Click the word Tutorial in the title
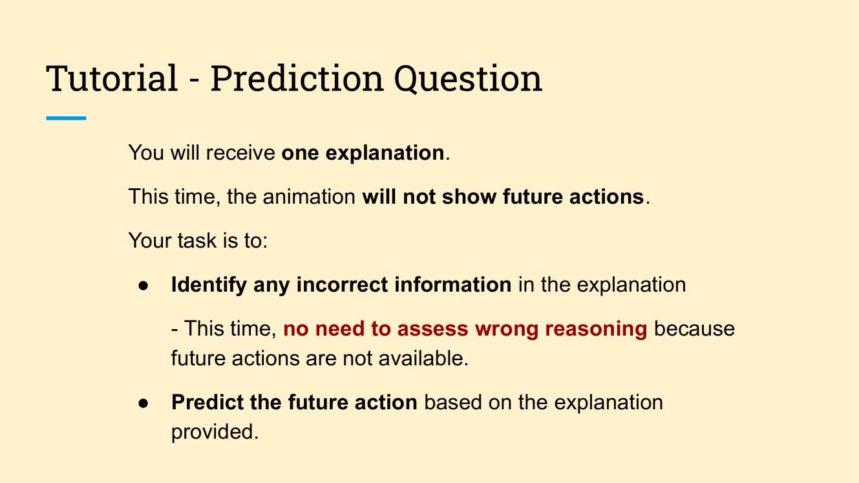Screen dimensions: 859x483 tap(112, 78)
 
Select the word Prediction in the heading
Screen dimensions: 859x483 tap(297, 78)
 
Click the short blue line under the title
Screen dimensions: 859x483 tap(66, 118)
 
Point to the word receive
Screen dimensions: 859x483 tap(240, 153)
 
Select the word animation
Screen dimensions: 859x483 tap(309, 197)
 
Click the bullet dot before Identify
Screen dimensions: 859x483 tap(143, 285)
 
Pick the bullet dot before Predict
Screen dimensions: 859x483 tap(143, 403)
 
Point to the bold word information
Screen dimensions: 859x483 tap(453, 285)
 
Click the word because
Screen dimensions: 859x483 tap(694, 328)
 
